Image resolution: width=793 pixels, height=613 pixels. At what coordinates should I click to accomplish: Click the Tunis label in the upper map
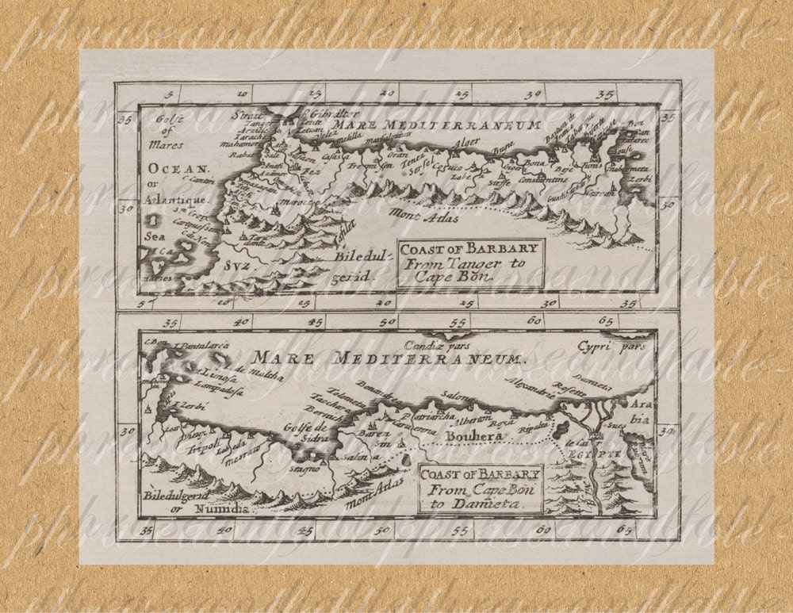pyautogui.click(x=592, y=166)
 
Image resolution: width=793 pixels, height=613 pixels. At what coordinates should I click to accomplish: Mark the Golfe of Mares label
pyautogui.click(x=168, y=132)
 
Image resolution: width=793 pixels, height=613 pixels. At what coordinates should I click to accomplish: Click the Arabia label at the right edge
pyautogui.click(x=640, y=412)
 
